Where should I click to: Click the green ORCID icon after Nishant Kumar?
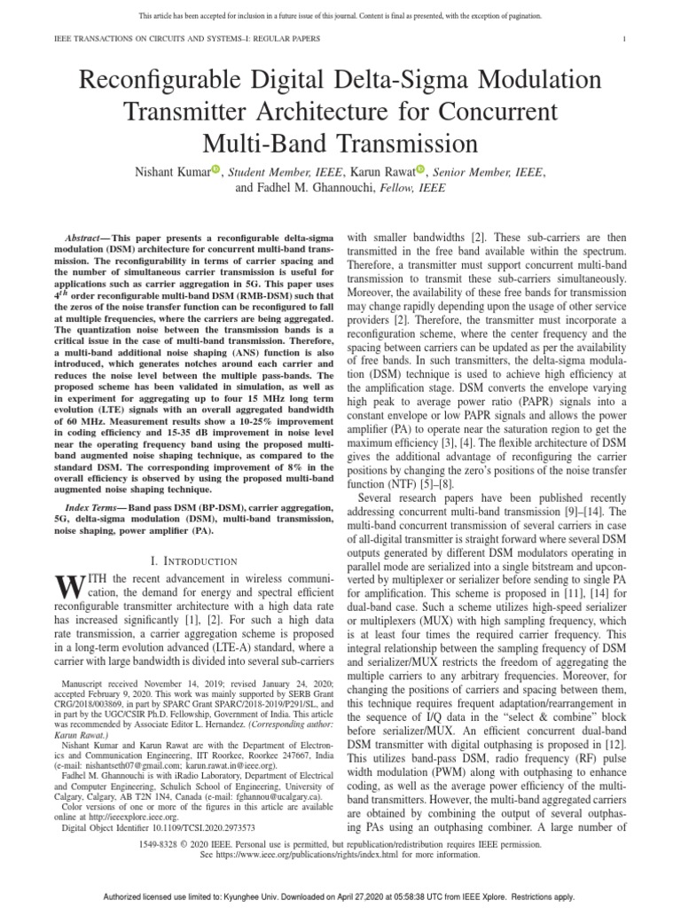215,169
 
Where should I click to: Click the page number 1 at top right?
625,38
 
